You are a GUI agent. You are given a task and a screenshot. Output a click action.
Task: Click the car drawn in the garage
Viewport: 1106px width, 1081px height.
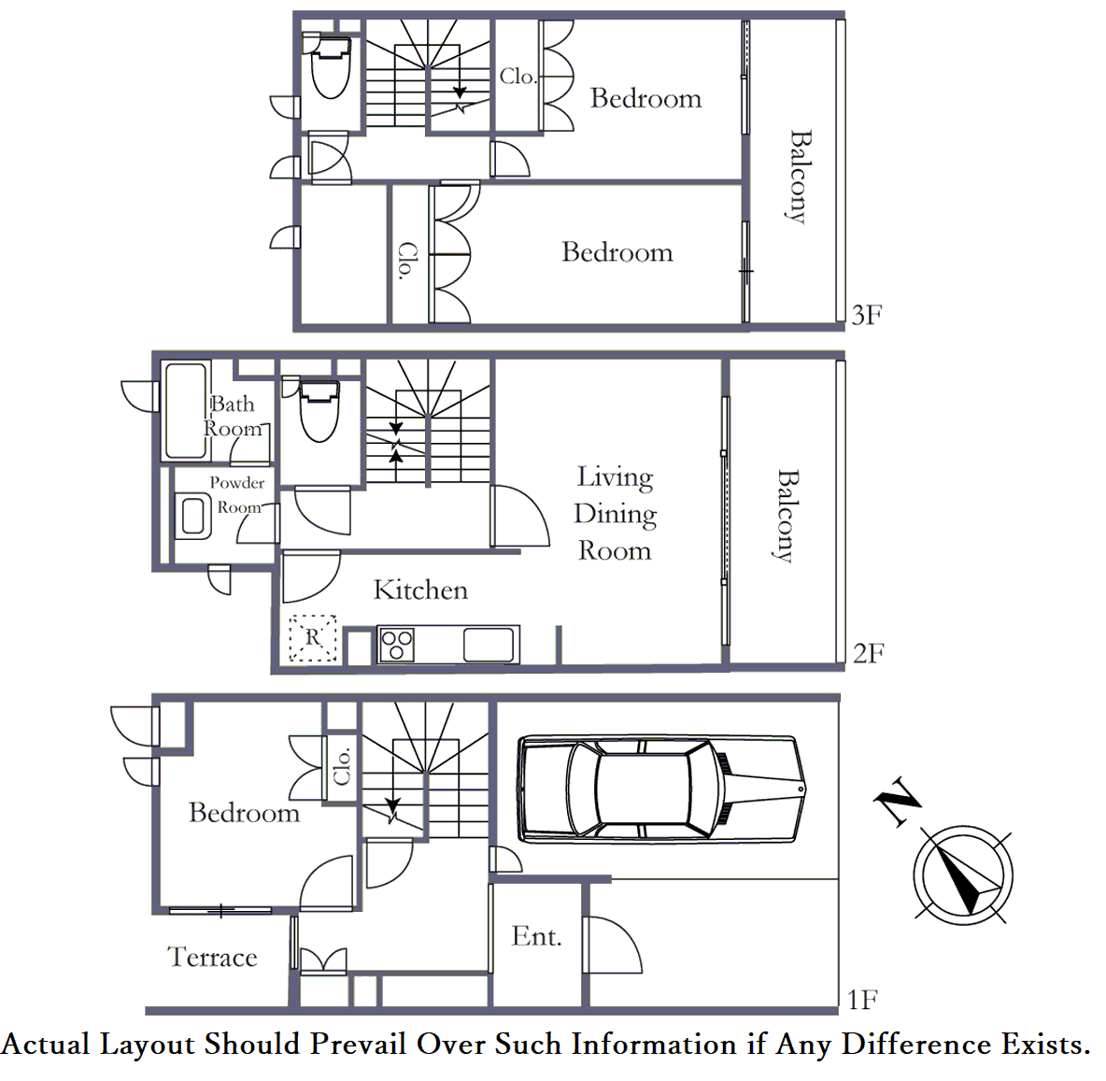[663, 789]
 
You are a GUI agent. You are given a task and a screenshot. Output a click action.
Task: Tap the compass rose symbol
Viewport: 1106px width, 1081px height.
[963, 875]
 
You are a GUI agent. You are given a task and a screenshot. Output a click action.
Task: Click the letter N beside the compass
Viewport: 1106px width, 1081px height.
[897, 801]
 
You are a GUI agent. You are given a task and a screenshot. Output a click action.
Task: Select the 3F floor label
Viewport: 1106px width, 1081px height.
[867, 315]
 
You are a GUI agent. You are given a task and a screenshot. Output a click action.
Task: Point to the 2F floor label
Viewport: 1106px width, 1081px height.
[869, 653]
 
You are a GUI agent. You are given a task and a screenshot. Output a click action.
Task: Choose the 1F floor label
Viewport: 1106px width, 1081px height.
[862, 999]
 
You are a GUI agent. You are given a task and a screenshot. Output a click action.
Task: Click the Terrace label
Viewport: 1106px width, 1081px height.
[212, 957]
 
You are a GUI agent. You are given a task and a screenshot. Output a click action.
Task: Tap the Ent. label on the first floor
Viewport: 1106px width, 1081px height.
[537, 936]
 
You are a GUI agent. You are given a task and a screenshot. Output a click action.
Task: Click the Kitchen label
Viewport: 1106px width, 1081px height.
[420, 590]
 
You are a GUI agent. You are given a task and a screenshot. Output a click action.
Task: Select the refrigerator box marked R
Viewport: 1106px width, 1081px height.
[313, 638]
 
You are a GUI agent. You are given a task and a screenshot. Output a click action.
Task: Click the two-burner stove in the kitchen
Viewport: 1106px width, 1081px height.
[396, 645]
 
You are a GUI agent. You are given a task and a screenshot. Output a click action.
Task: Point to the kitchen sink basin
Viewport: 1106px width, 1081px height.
[489, 645]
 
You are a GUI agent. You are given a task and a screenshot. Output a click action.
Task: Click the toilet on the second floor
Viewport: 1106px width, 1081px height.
[319, 411]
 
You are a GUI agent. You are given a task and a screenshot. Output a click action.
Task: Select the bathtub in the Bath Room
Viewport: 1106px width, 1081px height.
[185, 411]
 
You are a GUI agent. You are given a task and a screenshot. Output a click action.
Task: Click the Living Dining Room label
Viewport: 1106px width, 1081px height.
[615, 513]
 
